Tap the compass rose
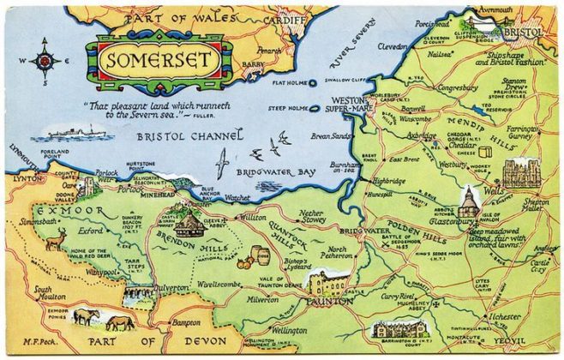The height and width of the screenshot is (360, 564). click(x=44, y=61)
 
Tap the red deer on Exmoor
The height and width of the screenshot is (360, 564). click(x=54, y=241)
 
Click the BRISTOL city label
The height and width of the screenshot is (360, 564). click(x=523, y=32)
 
